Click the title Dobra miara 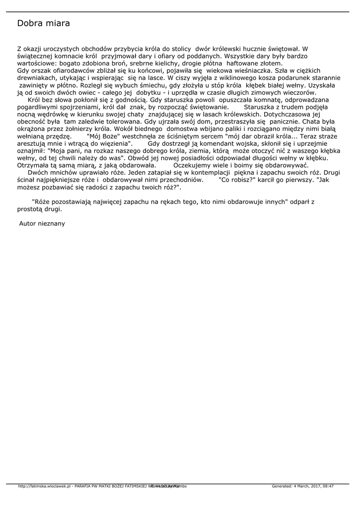43,23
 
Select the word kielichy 171,63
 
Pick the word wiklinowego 231,78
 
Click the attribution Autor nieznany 42,224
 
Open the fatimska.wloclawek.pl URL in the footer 44,486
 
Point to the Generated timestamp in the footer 302,486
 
